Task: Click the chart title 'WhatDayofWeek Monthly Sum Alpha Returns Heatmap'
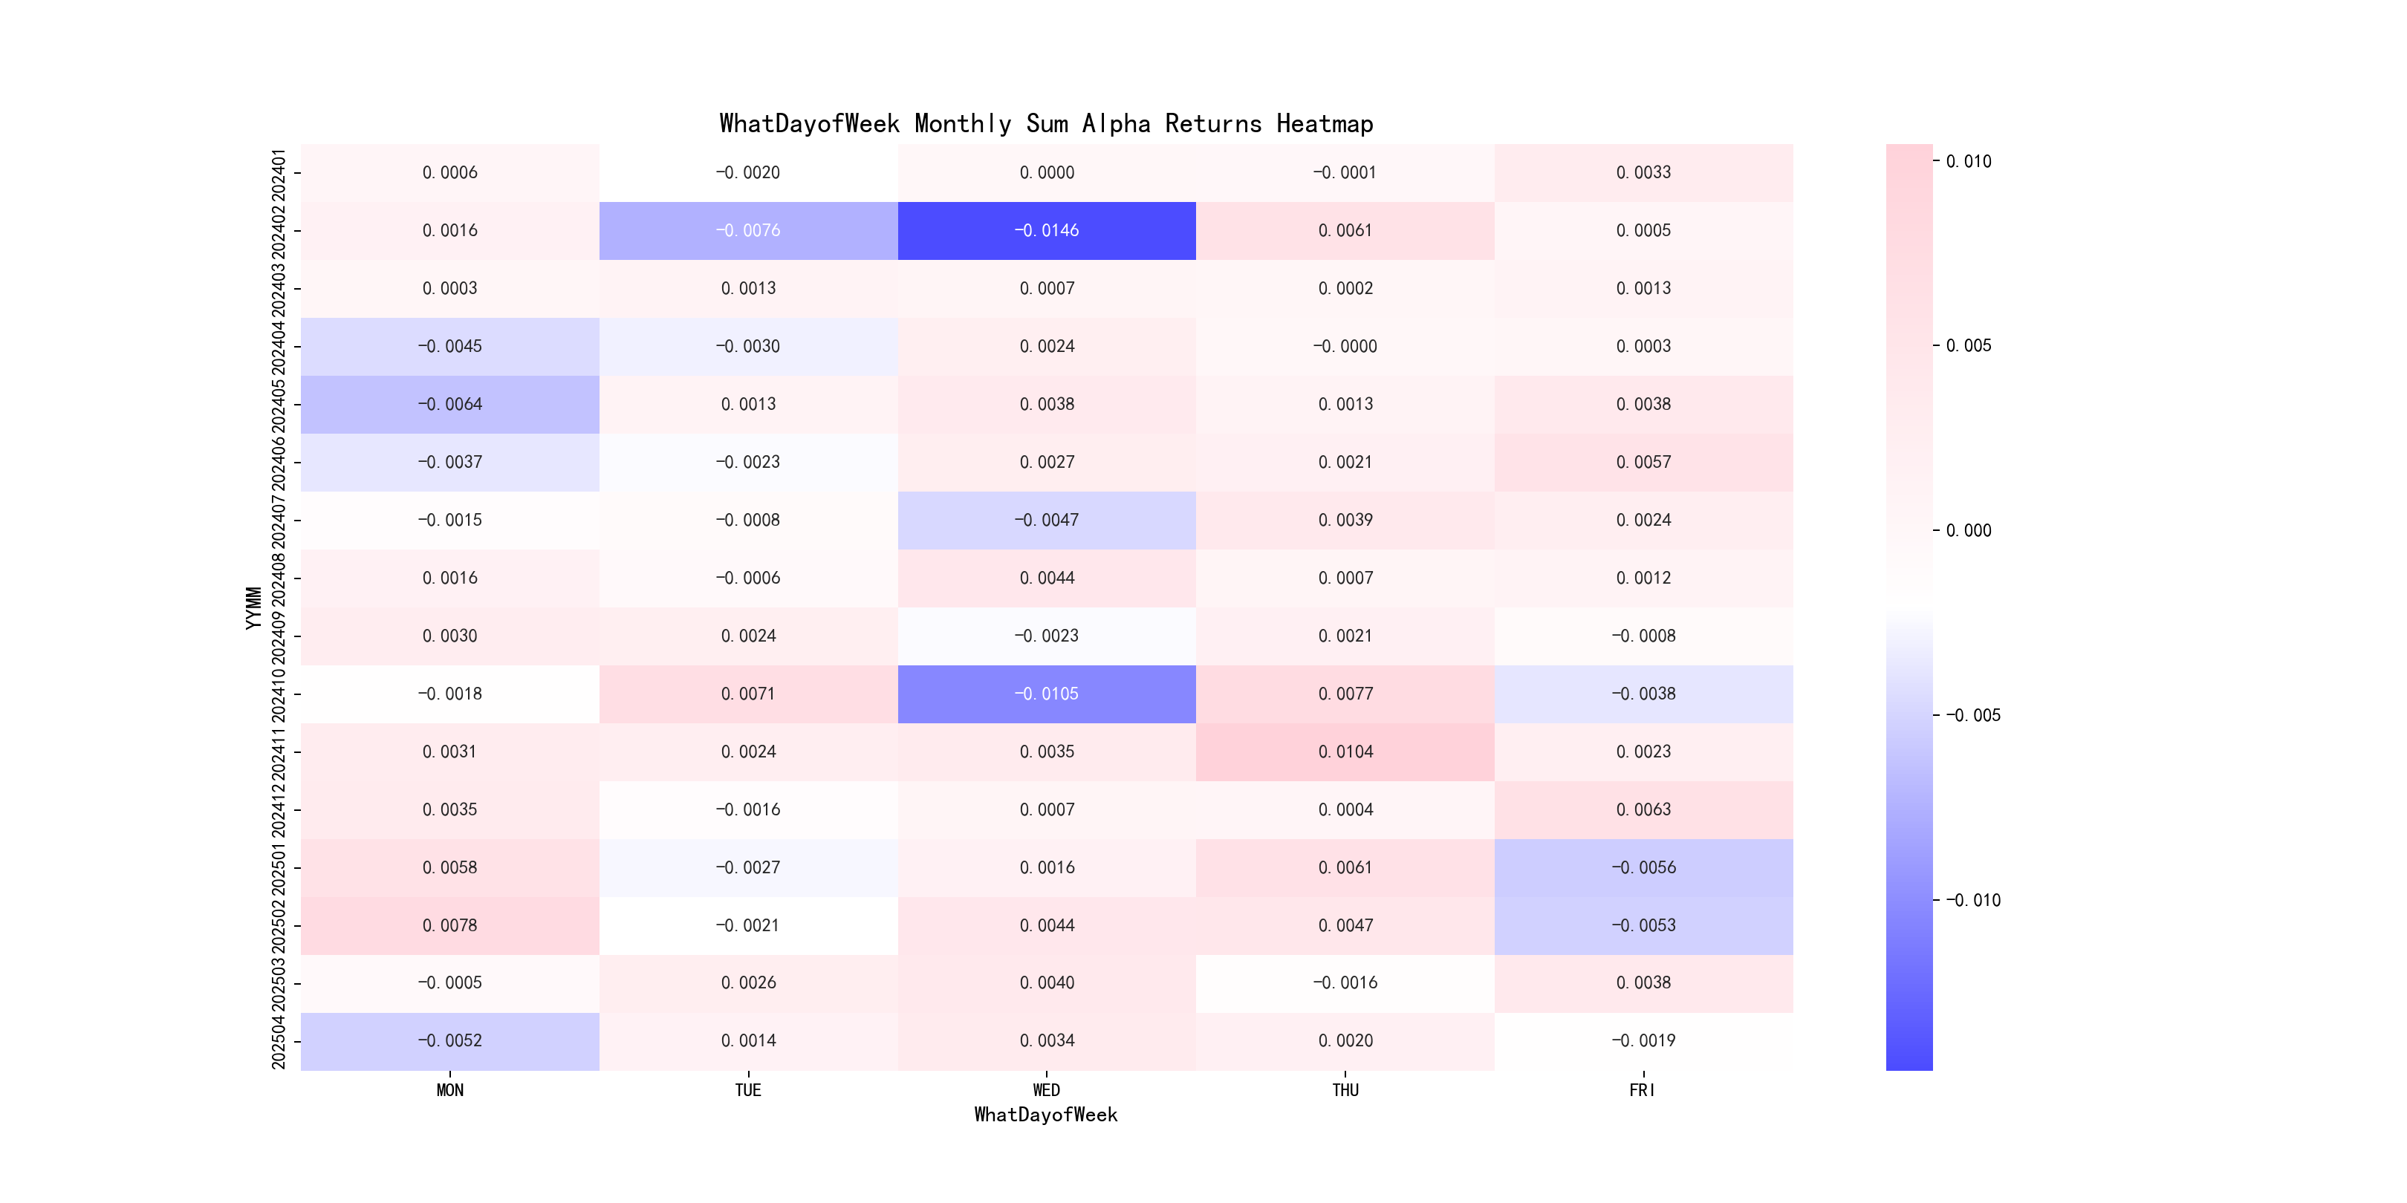tap(1045, 123)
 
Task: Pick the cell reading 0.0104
tap(1345, 752)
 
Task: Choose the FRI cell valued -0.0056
tap(1643, 867)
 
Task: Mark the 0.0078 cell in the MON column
tap(449, 925)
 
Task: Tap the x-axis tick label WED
tap(1047, 1090)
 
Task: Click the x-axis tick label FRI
tap(1643, 1090)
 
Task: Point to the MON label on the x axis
tap(449, 1090)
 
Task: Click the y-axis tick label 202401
tap(279, 173)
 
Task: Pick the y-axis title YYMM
tap(253, 608)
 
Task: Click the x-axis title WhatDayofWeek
tap(1045, 1115)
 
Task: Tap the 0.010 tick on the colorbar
tap(1968, 162)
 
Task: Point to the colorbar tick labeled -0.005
tap(1972, 715)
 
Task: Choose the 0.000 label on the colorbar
tap(1968, 530)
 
